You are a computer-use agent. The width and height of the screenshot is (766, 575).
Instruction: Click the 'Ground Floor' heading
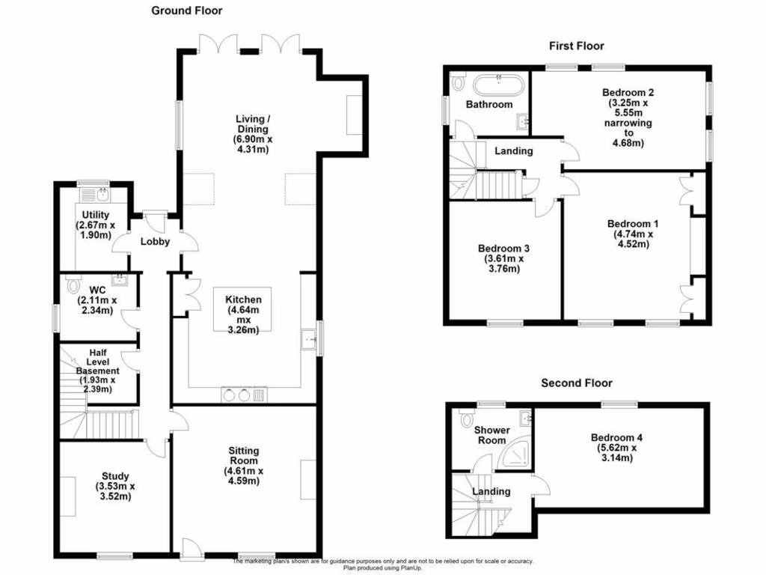[186, 10]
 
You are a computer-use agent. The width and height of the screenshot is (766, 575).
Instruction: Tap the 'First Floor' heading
[576, 46]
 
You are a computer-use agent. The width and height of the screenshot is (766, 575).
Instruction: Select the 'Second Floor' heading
[576, 383]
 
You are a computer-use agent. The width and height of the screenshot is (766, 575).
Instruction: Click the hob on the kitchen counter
[235, 395]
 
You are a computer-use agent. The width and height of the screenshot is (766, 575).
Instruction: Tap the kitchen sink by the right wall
[307, 340]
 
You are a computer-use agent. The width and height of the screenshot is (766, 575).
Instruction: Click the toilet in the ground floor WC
[73, 285]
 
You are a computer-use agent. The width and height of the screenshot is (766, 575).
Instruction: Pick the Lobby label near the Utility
[156, 242]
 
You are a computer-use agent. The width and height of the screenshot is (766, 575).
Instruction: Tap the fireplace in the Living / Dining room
[354, 115]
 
